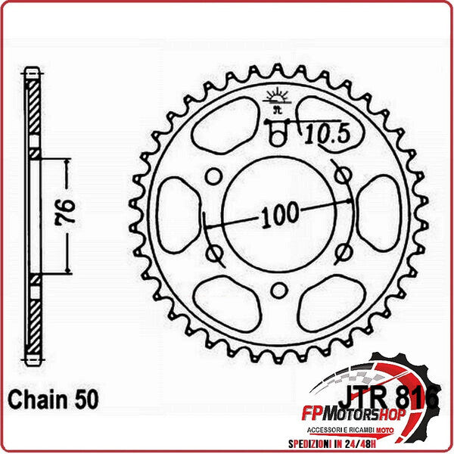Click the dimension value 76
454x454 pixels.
65,215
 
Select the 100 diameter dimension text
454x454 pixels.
279,216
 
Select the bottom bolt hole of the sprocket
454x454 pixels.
278,288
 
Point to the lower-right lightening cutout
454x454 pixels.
330,303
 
